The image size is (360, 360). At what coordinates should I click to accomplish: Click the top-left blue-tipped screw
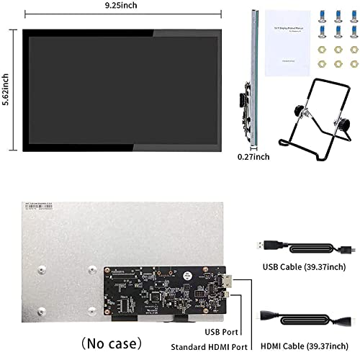click(321, 16)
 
